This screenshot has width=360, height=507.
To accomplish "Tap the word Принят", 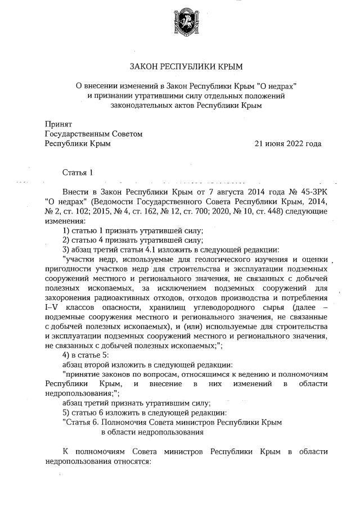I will coord(58,124).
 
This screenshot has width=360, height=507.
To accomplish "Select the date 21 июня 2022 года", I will coord(288,144).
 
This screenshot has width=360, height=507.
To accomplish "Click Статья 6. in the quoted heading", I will coord(83,422).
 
